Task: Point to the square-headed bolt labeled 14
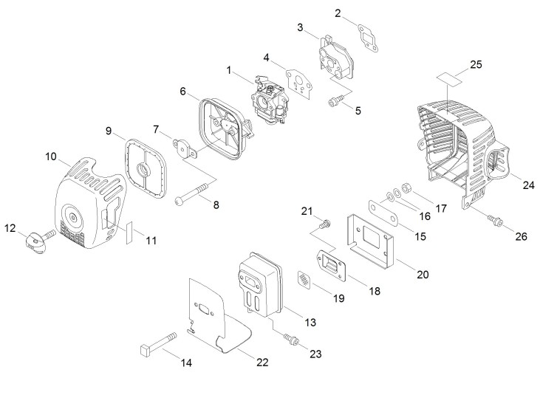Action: [x=156, y=343]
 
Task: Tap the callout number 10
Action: [x=51, y=157]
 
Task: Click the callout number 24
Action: [x=528, y=185]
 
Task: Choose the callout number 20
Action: [x=423, y=274]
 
